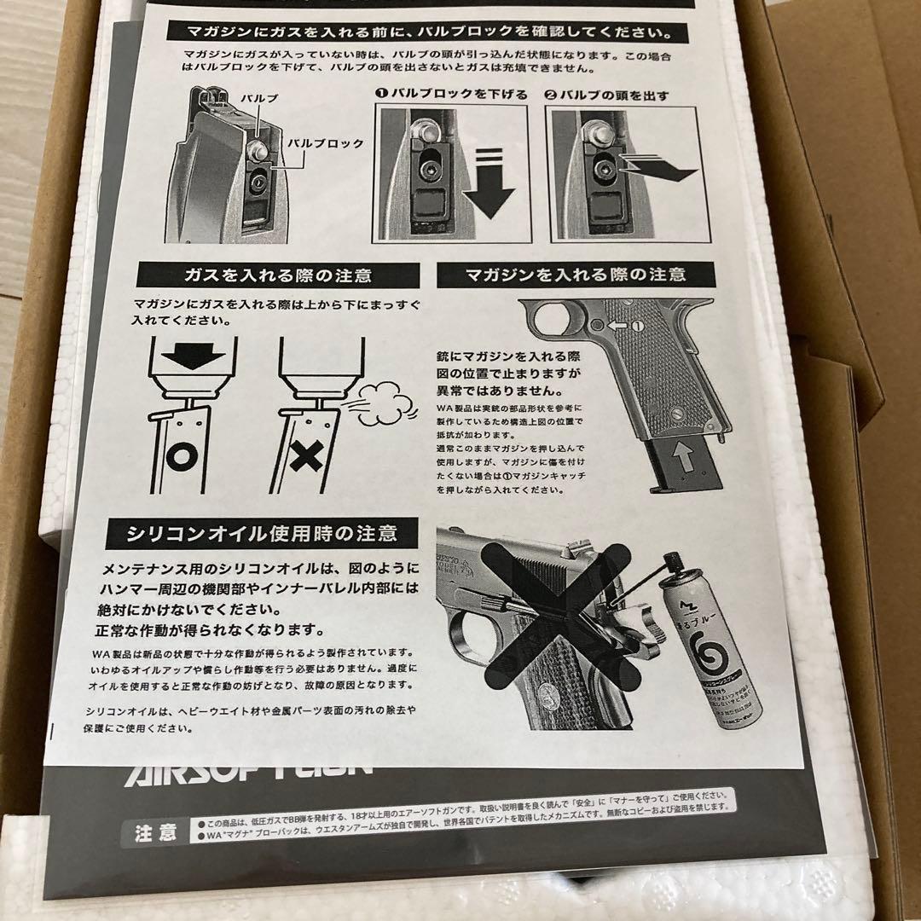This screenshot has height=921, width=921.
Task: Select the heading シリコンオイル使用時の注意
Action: click(x=263, y=534)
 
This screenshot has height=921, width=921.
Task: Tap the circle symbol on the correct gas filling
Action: click(x=181, y=457)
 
